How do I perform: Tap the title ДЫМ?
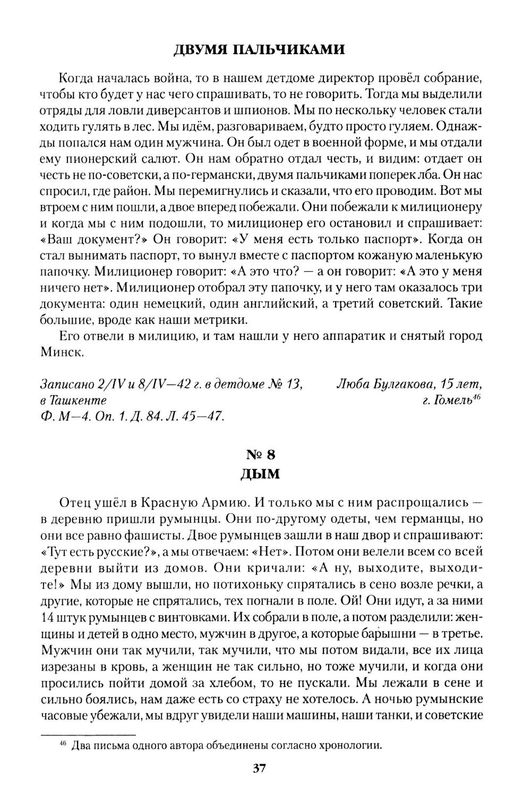click(x=260, y=473)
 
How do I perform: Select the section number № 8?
click(x=260, y=454)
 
